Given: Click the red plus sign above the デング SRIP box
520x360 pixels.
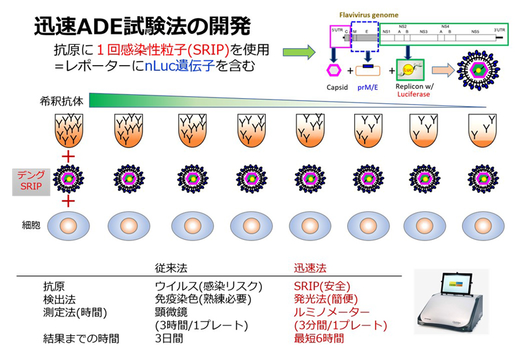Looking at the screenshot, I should [65, 158].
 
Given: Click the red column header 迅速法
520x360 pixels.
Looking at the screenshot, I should [309, 267].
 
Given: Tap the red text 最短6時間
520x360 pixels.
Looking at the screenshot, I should [319, 339].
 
